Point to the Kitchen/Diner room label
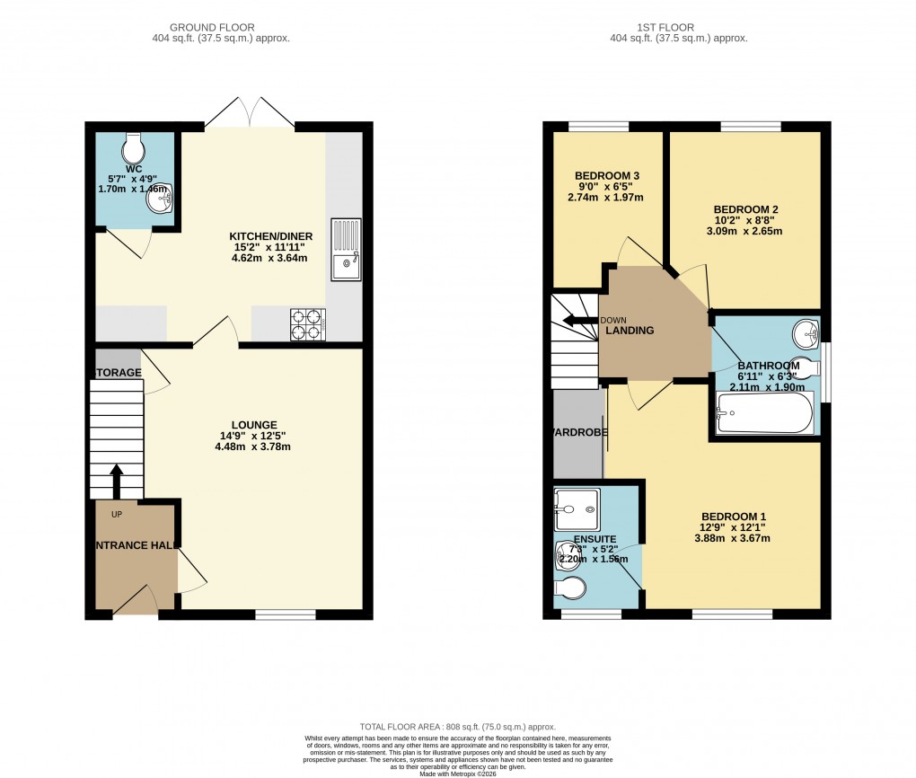[270, 236]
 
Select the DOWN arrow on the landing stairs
[579, 320]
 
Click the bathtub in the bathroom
[764, 413]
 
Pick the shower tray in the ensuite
[576, 510]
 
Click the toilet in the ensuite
[569, 588]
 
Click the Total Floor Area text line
[458, 727]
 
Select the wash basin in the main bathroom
[806, 334]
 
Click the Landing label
[630, 331]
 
